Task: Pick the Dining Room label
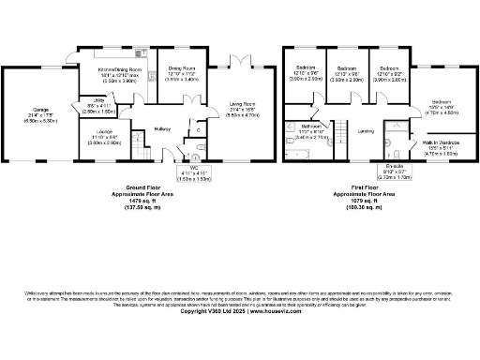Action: [x=181, y=68]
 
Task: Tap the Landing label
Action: [x=366, y=131]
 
